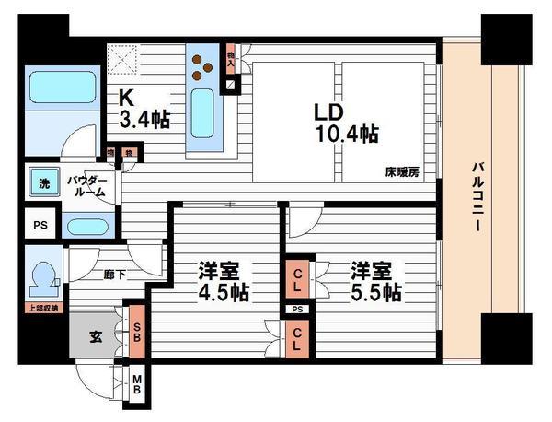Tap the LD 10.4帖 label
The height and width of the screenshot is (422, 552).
[x=342, y=123]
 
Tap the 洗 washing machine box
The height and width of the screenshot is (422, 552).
[x=42, y=182]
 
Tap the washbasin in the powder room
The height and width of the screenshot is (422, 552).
[x=88, y=227]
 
